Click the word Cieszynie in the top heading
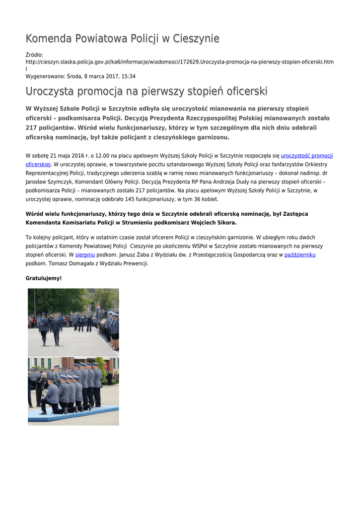point(196,39)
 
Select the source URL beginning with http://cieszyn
point(179,62)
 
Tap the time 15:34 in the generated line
point(129,76)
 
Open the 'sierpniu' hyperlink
point(85,255)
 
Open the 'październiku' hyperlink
point(300,255)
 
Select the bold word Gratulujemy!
point(44,278)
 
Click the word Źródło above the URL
point(34,55)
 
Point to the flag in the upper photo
point(97,306)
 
